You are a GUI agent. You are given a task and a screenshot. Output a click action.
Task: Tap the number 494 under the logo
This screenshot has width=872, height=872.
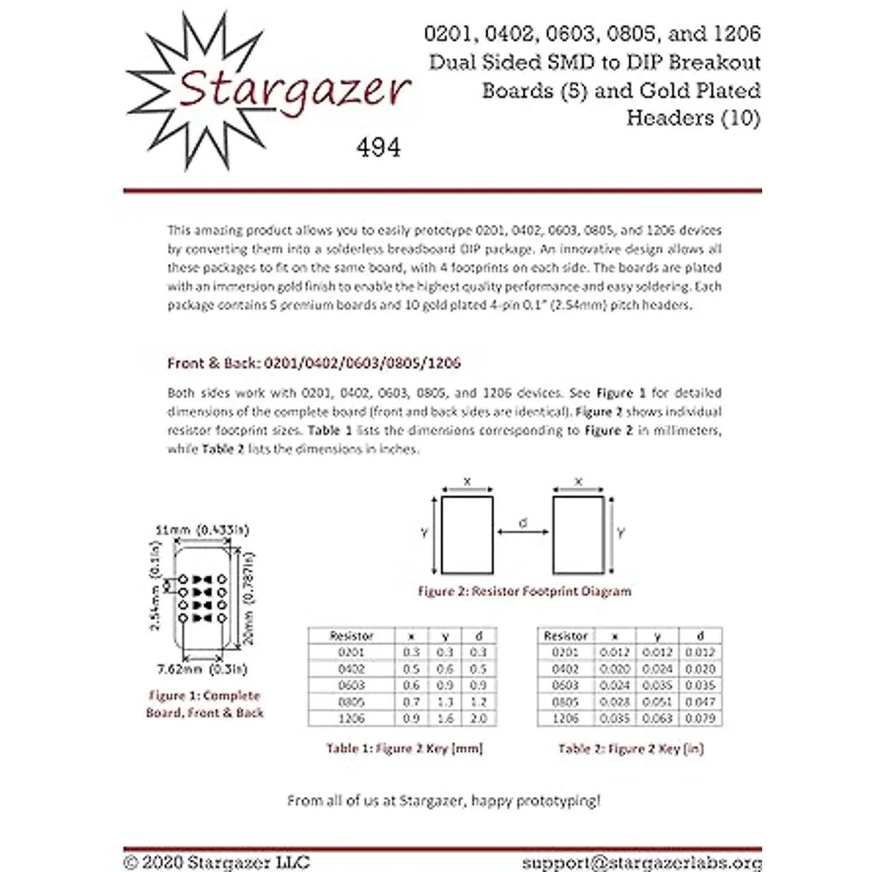(x=378, y=148)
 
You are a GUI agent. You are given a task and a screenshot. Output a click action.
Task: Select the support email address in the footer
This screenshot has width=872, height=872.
(x=642, y=863)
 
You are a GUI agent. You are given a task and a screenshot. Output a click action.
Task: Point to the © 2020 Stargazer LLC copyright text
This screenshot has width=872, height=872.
(x=217, y=863)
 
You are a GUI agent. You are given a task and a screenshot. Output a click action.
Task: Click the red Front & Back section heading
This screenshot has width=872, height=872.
(x=314, y=363)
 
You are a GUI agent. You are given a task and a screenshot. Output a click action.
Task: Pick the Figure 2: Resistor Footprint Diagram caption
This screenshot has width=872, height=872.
(x=524, y=592)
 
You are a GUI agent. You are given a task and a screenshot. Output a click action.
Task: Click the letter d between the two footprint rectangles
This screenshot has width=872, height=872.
(x=523, y=522)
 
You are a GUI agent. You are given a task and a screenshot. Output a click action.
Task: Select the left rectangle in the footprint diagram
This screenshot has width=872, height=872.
(x=467, y=535)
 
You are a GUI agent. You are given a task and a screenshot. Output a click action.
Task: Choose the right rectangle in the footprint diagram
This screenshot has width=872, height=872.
(x=578, y=535)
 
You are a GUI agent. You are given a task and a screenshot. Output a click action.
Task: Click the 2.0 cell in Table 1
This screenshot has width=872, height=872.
(x=478, y=718)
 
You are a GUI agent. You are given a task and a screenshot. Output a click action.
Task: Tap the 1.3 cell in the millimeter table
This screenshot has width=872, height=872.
(x=445, y=702)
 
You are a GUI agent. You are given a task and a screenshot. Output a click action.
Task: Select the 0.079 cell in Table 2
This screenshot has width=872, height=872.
(x=701, y=718)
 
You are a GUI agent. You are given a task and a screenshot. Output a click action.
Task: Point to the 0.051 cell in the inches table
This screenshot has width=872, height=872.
(x=658, y=702)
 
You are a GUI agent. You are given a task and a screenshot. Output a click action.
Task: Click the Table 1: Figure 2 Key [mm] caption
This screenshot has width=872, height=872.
(x=404, y=748)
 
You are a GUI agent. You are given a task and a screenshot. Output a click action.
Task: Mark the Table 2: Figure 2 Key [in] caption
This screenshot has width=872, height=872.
(x=631, y=748)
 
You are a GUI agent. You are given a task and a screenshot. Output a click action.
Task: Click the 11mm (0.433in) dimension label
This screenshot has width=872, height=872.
(x=202, y=530)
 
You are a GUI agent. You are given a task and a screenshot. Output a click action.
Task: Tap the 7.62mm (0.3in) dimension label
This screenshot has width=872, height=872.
(x=202, y=669)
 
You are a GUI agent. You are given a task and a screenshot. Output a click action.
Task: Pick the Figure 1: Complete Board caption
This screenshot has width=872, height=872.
(x=204, y=704)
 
